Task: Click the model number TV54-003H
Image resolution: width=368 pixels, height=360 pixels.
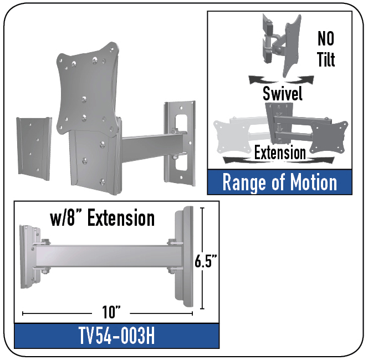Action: [116, 336]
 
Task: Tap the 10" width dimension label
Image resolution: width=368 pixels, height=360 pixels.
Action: [111, 312]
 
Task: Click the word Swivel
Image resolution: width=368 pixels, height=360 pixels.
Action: [282, 93]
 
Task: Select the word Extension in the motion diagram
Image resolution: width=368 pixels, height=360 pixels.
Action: [280, 153]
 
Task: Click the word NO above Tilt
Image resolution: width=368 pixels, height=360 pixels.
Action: [326, 38]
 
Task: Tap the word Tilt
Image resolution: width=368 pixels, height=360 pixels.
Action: [326, 59]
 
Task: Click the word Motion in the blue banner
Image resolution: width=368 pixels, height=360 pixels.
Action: [313, 182]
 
